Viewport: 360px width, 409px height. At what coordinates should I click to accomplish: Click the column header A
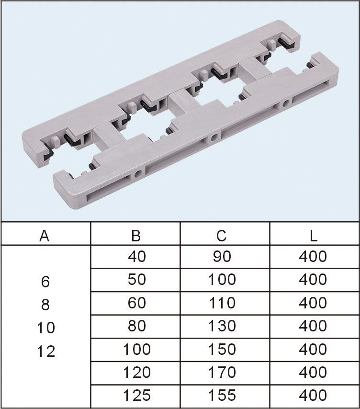pyautogui.click(x=45, y=236)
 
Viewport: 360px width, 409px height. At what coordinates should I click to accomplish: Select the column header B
pyautogui.click(x=136, y=236)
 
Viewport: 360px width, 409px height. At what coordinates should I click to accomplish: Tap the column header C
pyautogui.click(x=221, y=236)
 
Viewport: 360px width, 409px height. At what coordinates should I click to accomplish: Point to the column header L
pyautogui.click(x=314, y=236)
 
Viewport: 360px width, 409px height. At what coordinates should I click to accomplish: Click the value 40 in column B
pyautogui.click(x=136, y=256)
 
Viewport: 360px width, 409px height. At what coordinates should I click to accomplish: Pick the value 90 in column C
pyautogui.click(x=222, y=256)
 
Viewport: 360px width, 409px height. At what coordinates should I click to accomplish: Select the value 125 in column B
pyautogui.click(x=136, y=396)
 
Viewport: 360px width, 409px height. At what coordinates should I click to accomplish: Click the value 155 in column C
pyautogui.click(x=222, y=396)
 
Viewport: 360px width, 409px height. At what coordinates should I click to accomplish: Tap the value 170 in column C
pyautogui.click(x=222, y=372)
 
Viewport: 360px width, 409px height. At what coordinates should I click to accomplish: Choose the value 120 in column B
pyautogui.click(x=136, y=372)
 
